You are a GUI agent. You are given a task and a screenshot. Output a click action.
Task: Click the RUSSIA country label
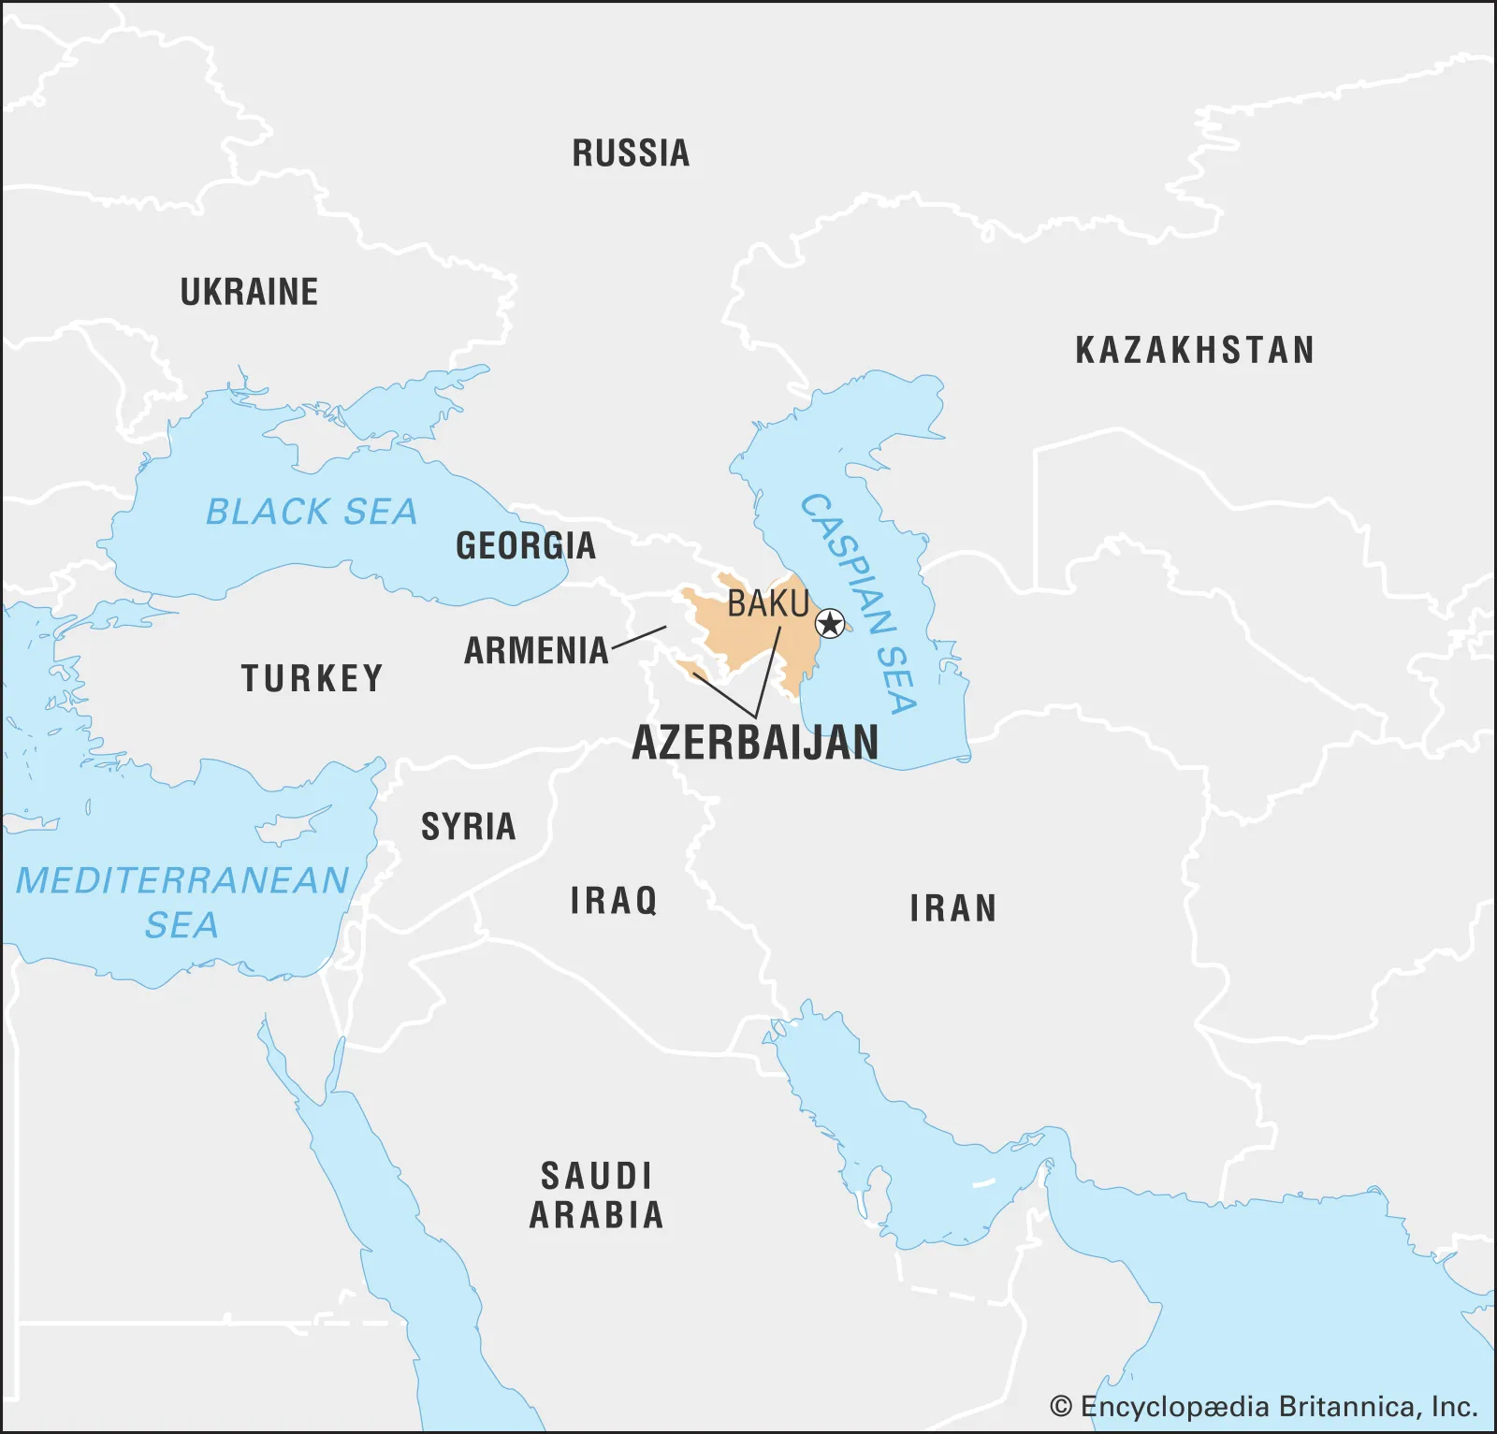(x=631, y=153)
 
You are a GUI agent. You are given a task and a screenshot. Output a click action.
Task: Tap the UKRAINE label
(x=249, y=292)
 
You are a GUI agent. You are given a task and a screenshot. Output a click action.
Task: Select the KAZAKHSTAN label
(x=1195, y=350)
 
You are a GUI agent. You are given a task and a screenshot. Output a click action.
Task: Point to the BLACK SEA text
(x=311, y=512)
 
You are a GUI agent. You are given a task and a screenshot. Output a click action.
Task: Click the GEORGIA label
(x=525, y=545)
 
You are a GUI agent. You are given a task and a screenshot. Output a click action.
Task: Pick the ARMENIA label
(x=536, y=650)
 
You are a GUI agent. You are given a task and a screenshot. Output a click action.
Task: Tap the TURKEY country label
(x=312, y=678)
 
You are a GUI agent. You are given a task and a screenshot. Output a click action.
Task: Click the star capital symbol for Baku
(x=829, y=623)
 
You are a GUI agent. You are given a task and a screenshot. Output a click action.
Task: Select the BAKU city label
(x=768, y=603)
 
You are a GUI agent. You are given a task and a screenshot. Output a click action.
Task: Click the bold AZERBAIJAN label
(x=755, y=743)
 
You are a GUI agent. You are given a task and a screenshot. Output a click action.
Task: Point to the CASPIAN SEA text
(x=859, y=603)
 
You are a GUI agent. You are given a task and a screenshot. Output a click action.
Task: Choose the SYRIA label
(x=468, y=827)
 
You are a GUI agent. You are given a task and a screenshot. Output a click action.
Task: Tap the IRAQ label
(x=614, y=901)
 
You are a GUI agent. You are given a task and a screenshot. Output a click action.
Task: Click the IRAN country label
(x=952, y=908)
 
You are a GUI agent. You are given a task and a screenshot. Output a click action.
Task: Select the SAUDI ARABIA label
(x=596, y=1195)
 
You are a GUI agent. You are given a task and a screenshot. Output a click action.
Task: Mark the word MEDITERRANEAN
(x=182, y=880)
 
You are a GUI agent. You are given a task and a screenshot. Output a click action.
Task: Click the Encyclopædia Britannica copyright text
(x=1263, y=1406)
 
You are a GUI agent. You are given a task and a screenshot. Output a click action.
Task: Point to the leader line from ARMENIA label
(x=639, y=638)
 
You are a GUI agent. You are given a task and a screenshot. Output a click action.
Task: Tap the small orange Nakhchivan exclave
(x=692, y=668)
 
